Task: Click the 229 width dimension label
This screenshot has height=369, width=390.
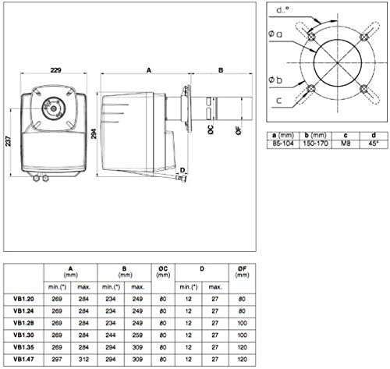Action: (x=55, y=70)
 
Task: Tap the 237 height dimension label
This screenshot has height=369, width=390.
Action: (x=9, y=141)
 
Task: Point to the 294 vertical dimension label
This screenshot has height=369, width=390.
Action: (x=94, y=133)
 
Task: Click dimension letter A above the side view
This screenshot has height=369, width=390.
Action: (x=149, y=70)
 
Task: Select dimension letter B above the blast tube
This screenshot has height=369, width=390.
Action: (x=221, y=70)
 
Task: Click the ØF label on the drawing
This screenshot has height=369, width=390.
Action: (x=239, y=130)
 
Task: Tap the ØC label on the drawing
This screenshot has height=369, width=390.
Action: (x=211, y=130)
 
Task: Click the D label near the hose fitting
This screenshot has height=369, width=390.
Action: (x=183, y=170)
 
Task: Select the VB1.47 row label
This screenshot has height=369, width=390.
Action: (x=23, y=359)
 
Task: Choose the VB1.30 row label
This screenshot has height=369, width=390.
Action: (x=23, y=335)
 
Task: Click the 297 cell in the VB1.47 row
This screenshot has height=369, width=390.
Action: (x=57, y=359)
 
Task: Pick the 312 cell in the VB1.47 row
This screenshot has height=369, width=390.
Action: (x=83, y=359)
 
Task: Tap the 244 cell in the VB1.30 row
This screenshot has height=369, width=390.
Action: (x=111, y=335)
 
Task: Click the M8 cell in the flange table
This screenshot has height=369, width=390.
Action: (x=346, y=144)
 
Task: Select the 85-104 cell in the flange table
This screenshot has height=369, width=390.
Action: (x=283, y=144)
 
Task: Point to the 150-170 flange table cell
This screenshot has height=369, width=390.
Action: (x=315, y=144)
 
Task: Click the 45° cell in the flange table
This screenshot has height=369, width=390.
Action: (x=373, y=144)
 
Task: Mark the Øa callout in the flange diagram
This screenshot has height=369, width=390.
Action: (x=275, y=34)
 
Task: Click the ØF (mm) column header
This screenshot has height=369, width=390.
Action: (x=242, y=271)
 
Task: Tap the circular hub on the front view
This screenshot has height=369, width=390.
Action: (x=53, y=108)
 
